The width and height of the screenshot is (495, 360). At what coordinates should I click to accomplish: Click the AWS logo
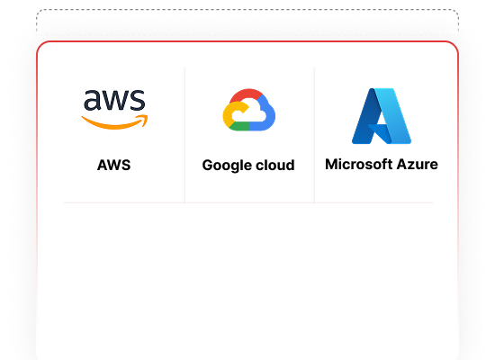click(114, 109)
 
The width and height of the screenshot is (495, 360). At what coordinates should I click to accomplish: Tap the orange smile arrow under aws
click(113, 124)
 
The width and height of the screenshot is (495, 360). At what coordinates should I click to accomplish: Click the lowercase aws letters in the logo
click(114, 100)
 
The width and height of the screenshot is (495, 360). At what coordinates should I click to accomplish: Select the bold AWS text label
click(114, 165)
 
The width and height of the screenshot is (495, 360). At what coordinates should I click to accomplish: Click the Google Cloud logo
click(248, 110)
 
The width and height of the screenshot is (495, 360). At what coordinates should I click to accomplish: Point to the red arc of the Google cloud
click(247, 94)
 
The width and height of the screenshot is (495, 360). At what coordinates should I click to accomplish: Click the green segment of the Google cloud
click(239, 126)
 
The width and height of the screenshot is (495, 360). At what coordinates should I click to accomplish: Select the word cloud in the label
click(275, 165)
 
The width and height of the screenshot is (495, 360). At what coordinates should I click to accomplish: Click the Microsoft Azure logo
click(382, 116)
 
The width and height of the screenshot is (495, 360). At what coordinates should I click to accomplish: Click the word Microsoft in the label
click(358, 164)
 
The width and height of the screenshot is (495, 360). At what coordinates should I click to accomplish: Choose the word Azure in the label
click(418, 164)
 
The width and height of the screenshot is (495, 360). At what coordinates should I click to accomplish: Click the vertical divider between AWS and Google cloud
click(184, 135)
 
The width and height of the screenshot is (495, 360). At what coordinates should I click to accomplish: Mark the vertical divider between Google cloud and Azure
click(314, 135)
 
